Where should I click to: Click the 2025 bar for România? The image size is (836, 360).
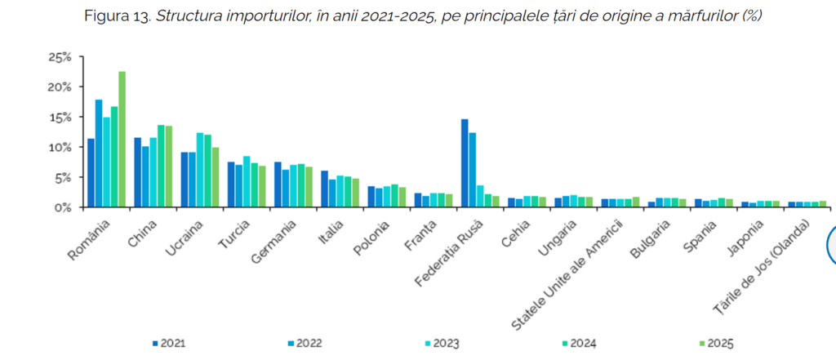pyautogui.click(x=122, y=140)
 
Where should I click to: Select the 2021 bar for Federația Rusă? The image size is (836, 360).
pyautogui.click(x=465, y=163)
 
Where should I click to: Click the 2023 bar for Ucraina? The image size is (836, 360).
pyautogui.click(x=200, y=170)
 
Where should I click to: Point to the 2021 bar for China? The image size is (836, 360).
pyautogui.click(x=138, y=172)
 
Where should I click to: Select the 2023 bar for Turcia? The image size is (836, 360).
pyautogui.click(x=247, y=181)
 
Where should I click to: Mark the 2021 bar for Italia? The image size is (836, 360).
pyautogui.click(x=324, y=189)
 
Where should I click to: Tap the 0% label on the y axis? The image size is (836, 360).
pyautogui.click(x=64, y=207)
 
